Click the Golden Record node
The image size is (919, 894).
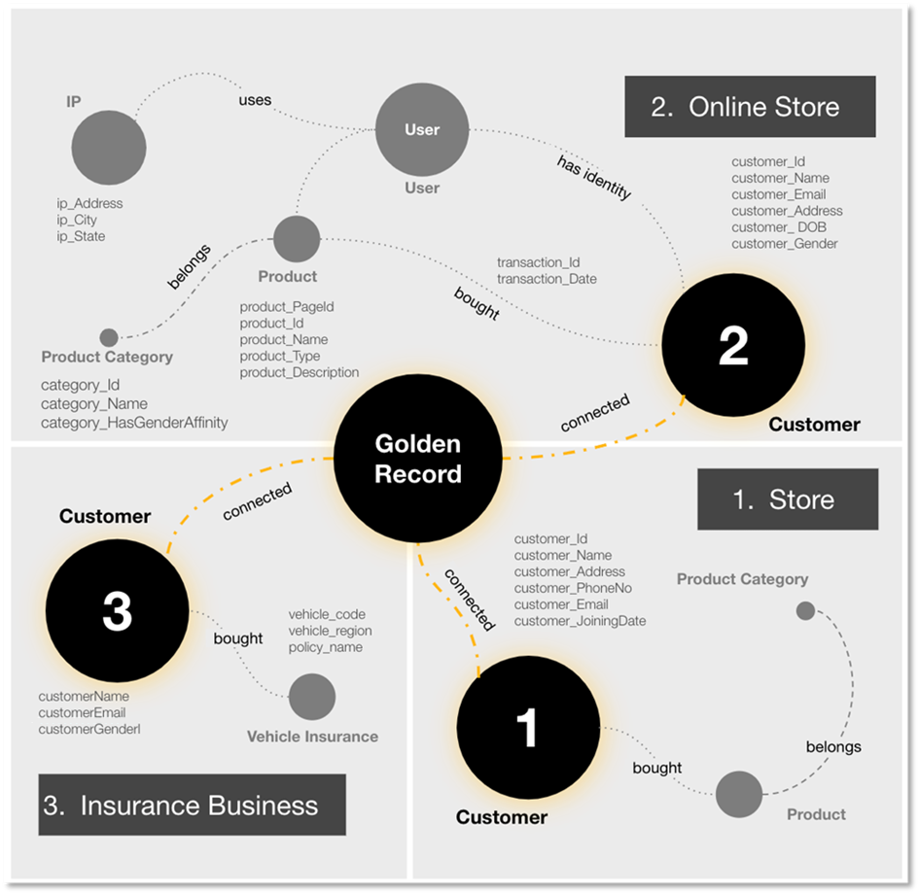[418, 460]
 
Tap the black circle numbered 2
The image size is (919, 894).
[733, 346]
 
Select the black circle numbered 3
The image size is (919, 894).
[117, 611]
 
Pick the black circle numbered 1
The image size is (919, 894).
[527, 726]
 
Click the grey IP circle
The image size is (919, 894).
[109, 149]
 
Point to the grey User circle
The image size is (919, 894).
[422, 130]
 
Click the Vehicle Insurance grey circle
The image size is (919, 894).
[312, 697]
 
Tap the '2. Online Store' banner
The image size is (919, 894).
[750, 107]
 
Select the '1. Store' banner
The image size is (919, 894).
[788, 499]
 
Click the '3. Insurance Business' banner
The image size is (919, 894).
[192, 805]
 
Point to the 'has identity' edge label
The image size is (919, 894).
[594, 176]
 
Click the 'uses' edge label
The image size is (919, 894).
[255, 100]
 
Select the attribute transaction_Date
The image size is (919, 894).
[547, 279]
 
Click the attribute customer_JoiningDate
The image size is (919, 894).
[580, 621]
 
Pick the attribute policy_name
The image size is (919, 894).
[325, 647]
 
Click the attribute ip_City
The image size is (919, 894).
[77, 220]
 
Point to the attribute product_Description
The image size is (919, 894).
[300, 372]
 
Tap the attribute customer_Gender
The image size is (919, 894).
[784, 244]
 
